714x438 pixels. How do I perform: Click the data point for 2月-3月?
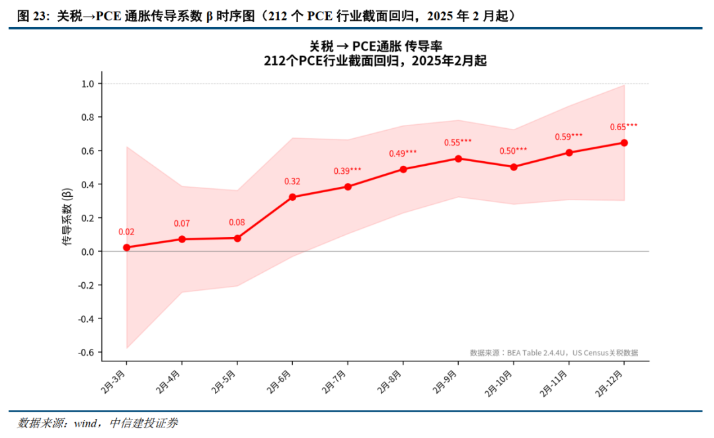click(x=126, y=248)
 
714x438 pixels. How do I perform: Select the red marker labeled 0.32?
click(x=292, y=197)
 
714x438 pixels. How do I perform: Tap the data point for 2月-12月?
click(x=624, y=143)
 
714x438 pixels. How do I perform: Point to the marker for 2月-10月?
click(x=514, y=167)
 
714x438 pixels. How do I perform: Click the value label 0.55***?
click(x=457, y=142)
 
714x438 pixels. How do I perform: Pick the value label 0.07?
click(x=182, y=223)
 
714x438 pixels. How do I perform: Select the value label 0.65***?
click(x=624, y=127)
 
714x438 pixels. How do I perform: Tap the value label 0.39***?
click(x=348, y=170)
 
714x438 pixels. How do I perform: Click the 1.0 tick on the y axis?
click(x=88, y=84)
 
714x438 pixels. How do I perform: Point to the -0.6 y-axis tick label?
click(x=86, y=353)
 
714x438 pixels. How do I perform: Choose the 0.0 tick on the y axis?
click(x=88, y=252)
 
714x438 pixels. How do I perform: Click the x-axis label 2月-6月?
click(x=279, y=381)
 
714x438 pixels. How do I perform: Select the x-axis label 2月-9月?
click(x=445, y=381)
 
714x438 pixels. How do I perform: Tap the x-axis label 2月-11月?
click(x=554, y=383)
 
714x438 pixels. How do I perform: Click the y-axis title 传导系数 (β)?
click(x=67, y=217)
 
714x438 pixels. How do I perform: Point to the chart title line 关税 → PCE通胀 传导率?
click(x=376, y=46)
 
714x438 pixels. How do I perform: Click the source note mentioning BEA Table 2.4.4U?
click(x=554, y=353)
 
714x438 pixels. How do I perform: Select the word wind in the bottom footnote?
click(x=85, y=423)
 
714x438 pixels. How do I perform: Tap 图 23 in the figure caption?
click(x=32, y=17)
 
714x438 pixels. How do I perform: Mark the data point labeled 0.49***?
click(x=403, y=169)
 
